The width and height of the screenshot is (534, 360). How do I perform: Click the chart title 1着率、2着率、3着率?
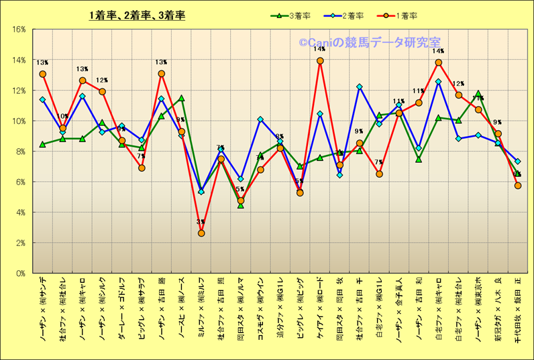tap(137, 15)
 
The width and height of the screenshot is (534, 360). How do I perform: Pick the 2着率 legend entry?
tap(351, 15)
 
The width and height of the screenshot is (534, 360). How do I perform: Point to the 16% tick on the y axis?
tap(19, 29)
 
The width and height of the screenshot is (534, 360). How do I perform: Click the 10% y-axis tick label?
tap(19, 121)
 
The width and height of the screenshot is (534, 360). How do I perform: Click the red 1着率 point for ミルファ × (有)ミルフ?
tap(201, 233)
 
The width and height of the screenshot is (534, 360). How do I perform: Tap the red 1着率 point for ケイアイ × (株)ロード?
tap(320, 61)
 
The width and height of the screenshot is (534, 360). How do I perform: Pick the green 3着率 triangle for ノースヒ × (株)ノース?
tap(182, 98)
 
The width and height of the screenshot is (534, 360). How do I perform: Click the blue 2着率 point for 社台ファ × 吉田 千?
tap(360, 86)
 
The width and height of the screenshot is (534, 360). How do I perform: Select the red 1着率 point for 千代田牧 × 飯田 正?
tap(517, 186)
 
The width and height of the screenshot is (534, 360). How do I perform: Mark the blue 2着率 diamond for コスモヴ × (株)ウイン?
tap(260, 119)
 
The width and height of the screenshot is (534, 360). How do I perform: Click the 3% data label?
tap(201, 222)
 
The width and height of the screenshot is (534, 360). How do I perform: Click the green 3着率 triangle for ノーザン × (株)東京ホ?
tap(478, 94)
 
